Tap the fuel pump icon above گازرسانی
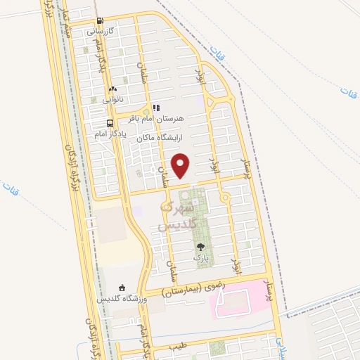click(100, 21)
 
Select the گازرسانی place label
click(101, 32)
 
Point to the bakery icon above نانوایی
click(112, 89)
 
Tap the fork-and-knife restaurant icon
click(156, 108)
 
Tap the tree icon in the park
click(201, 247)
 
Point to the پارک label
click(201, 258)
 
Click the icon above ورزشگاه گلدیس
click(122, 288)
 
